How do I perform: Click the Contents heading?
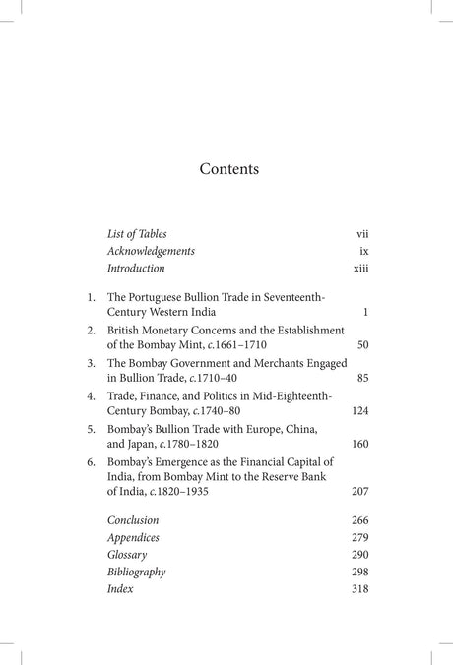228,168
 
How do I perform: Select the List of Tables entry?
137,233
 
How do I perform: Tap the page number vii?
361,233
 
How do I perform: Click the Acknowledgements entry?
151,250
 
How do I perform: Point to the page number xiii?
360,268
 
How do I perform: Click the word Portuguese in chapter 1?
162,295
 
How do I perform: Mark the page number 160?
359,444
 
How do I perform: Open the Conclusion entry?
133,520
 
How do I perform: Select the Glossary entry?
127,555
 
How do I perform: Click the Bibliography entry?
136,572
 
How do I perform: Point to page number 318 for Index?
359,588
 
